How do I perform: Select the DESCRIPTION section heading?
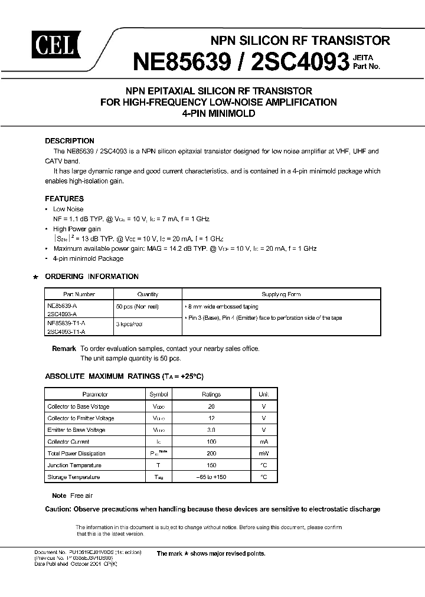coord(70,141)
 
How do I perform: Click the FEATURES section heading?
coord(64,199)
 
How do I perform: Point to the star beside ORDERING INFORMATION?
coord(36,277)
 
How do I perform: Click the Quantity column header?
coord(148,294)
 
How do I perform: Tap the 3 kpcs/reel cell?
coord(130,324)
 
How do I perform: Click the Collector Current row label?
coord(68,442)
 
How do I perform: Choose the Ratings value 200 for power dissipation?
coord(211,454)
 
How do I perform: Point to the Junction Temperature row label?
coord(74,465)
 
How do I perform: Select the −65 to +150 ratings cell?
coord(211,477)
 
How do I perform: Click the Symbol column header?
coord(159,395)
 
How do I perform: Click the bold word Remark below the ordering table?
coord(64,349)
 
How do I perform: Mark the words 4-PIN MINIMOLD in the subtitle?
coord(218,113)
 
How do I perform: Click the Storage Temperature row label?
coord(74,477)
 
